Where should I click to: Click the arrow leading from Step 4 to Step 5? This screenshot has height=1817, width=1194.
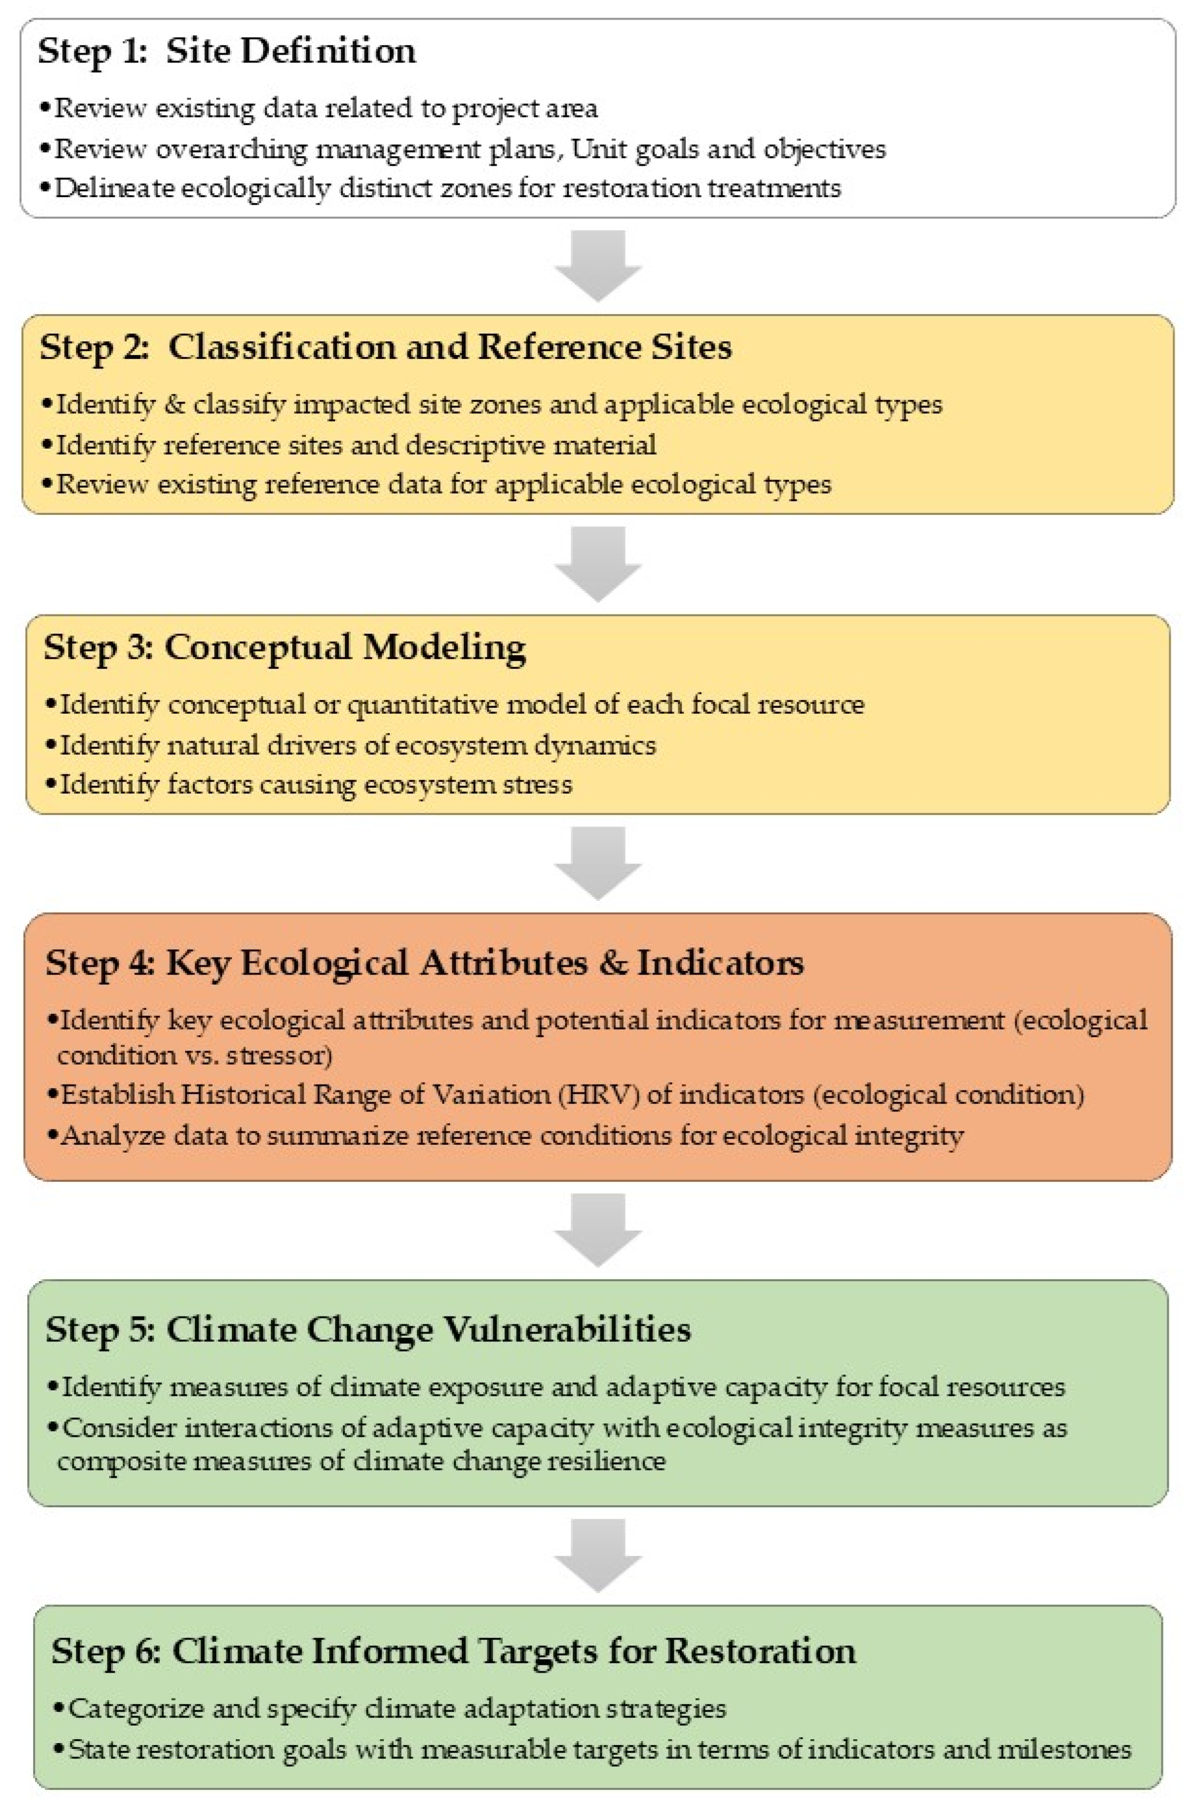598,1229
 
